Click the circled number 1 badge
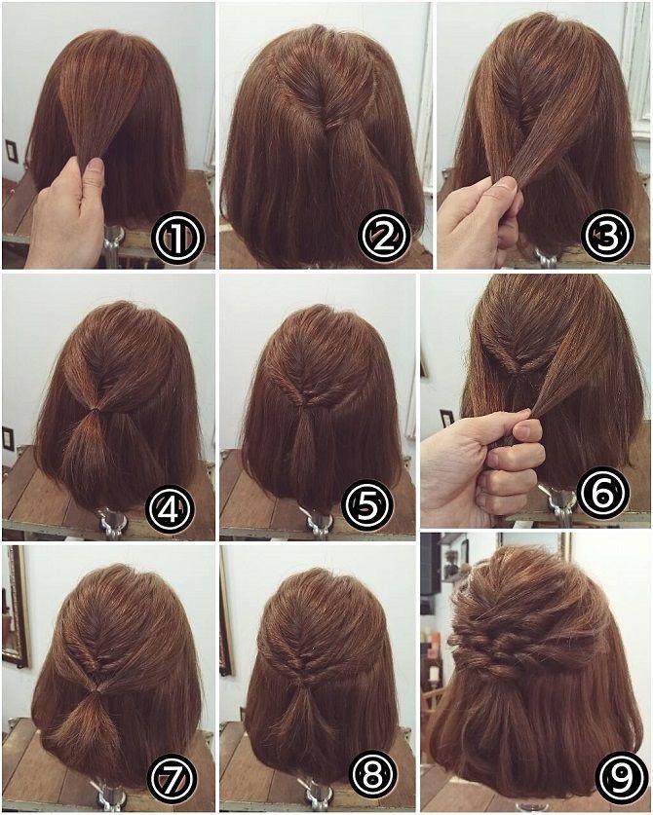tap(177, 237)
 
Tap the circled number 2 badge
tap(385, 237)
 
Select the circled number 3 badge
tap(607, 237)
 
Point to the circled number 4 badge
tap(170, 508)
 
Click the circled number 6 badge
tap(602, 492)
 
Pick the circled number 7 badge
tap(173, 777)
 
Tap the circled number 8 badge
tap(372, 776)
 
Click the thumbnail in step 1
tap(95, 167)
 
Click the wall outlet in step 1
tap(12, 151)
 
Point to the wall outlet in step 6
tap(446, 419)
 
